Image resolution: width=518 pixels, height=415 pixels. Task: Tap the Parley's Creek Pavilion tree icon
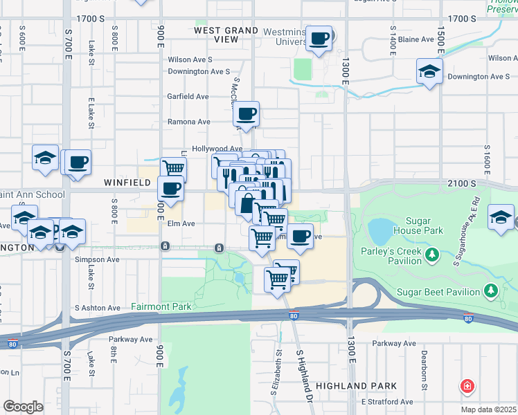[432, 256]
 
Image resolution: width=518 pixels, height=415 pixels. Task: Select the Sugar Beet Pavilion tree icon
[491, 289]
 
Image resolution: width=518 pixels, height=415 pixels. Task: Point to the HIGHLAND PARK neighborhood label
[356, 385]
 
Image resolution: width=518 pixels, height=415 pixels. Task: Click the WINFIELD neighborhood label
[127, 183]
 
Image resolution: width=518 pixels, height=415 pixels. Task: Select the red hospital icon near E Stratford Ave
[467, 386]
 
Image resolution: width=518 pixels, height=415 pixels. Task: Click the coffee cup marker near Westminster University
[319, 39]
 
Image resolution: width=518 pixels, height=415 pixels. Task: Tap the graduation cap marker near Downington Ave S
[429, 71]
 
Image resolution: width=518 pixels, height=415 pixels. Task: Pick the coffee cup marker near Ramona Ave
[247, 113]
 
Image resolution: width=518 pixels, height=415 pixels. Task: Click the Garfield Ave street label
[188, 97]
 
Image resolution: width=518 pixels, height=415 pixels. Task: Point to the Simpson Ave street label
[98, 259]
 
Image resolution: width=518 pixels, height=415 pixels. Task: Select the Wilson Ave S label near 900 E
[190, 59]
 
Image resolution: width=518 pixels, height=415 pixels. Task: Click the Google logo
[23, 407]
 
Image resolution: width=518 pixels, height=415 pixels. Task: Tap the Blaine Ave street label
[416, 39]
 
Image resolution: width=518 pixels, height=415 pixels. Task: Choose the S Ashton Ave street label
[98, 307]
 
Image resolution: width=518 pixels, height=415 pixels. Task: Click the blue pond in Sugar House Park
[379, 228]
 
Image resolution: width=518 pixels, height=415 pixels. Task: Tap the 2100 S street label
[462, 183]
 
